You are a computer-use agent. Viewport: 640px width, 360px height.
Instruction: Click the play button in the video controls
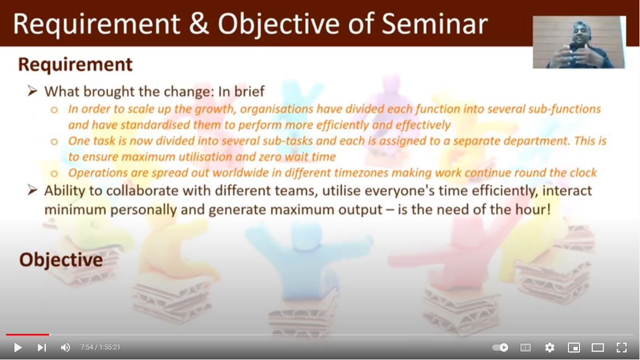tap(18, 347)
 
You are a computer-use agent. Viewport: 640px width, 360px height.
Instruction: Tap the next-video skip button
tap(42, 347)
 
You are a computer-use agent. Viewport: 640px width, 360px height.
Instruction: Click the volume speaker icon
tap(65, 347)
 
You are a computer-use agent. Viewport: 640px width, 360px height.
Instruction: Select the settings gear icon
tap(550, 347)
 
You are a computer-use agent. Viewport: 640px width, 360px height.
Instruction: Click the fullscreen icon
tap(622, 347)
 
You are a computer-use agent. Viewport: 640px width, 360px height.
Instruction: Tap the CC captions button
tap(526, 347)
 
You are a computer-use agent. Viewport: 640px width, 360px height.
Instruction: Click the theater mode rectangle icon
tap(598, 347)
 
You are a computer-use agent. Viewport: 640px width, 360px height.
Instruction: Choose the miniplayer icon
tap(574, 347)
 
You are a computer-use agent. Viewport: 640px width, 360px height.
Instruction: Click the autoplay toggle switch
tap(500, 347)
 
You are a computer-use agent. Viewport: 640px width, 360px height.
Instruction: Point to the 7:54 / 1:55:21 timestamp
tap(100, 347)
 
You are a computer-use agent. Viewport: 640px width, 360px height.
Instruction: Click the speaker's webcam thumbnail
tap(579, 42)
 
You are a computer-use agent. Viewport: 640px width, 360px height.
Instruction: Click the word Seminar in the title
tap(435, 24)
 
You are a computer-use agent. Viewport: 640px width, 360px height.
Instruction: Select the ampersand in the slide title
tap(199, 24)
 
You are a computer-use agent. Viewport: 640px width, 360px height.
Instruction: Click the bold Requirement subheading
tap(75, 64)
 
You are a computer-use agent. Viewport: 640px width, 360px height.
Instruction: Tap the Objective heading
tap(61, 260)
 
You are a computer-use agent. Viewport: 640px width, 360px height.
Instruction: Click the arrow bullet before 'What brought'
tap(33, 91)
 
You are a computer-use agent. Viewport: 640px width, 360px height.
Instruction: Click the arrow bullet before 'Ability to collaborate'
tap(33, 190)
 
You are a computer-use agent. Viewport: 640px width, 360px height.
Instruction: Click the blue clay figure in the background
tap(306, 261)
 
